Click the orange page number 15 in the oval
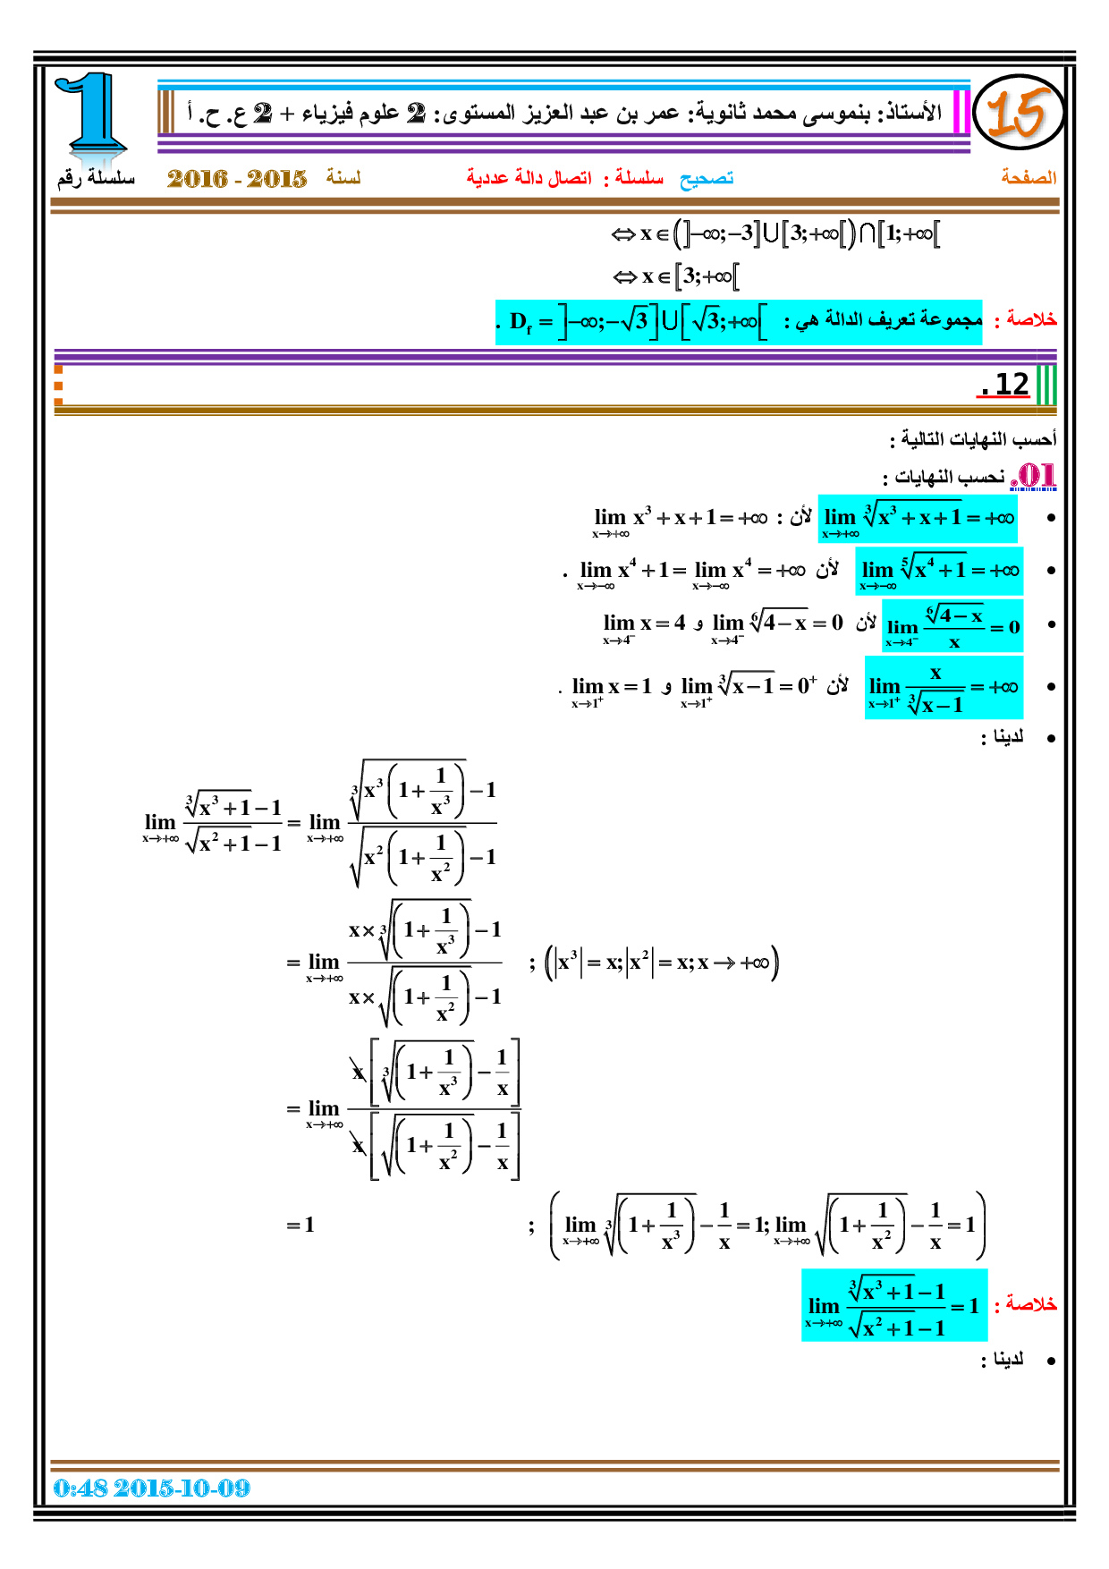point(1016,114)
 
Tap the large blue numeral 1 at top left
point(92,114)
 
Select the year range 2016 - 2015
point(237,178)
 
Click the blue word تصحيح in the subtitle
point(707,178)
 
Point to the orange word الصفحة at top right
point(1029,177)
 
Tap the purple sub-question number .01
point(1034,476)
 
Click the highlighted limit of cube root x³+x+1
point(918,519)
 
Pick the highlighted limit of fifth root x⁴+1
point(939,571)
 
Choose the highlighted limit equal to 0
point(952,625)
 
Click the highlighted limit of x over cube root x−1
point(944,687)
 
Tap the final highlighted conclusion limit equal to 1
point(894,1305)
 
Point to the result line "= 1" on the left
point(301,1225)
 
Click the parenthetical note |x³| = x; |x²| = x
point(663,963)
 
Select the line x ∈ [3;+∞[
point(676,276)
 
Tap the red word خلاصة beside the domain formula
point(1031,319)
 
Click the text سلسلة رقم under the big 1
point(96,177)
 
